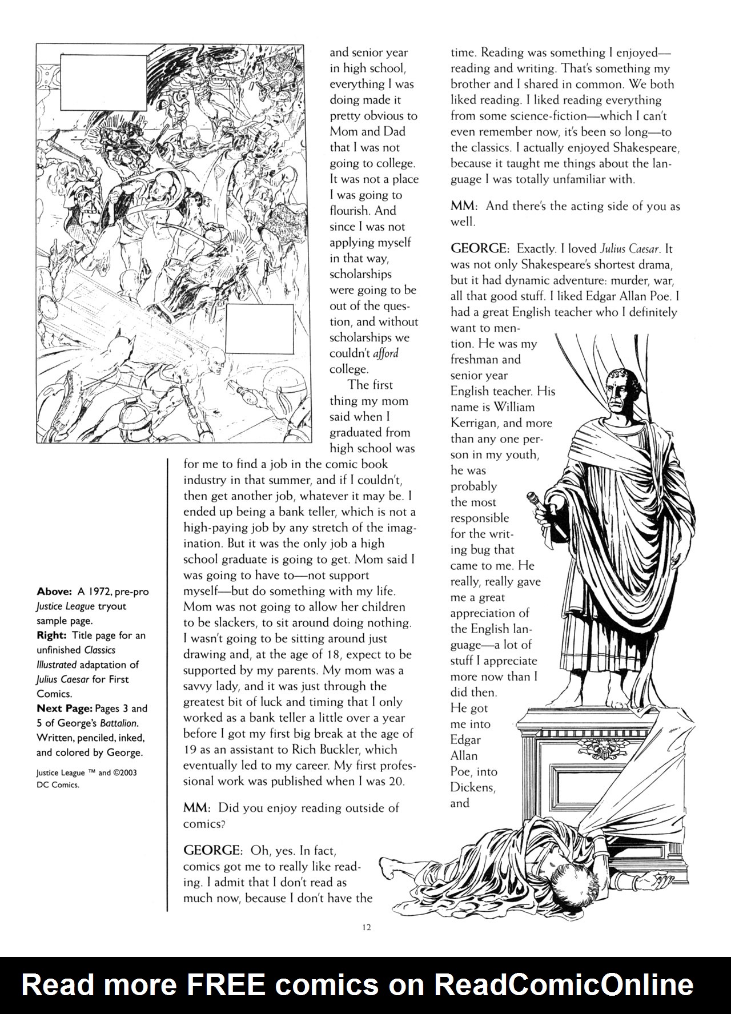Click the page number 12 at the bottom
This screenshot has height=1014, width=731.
(367, 927)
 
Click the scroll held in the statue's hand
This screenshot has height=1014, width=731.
(557, 502)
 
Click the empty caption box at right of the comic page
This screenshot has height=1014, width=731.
(259, 329)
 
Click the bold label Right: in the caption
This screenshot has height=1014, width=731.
(50, 635)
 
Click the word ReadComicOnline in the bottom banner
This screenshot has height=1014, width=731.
(564, 984)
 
